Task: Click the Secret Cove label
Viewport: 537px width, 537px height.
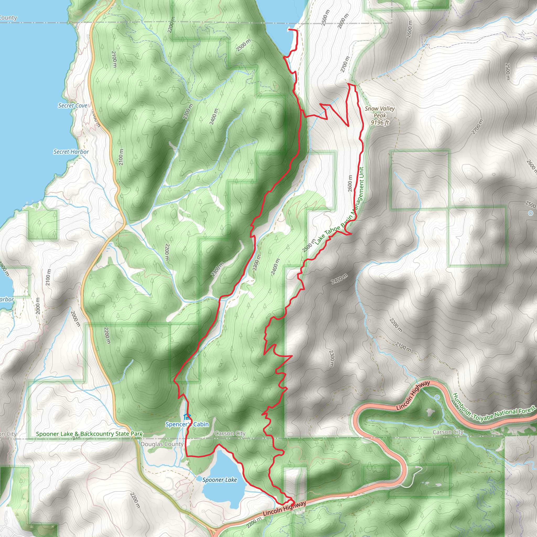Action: [x=73, y=106]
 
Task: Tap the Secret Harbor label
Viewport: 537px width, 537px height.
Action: [x=71, y=152]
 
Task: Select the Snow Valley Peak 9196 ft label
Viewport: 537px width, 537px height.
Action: [x=380, y=116]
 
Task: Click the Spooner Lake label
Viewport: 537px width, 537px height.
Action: [x=219, y=480]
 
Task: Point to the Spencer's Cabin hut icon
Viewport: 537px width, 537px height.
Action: [x=187, y=417]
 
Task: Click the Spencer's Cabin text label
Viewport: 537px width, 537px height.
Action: [x=187, y=424]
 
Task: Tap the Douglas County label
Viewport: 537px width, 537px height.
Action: [x=162, y=444]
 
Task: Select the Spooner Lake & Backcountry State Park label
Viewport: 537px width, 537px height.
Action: [x=89, y=434]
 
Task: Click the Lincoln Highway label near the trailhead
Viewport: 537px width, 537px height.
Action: [x=284, y=508]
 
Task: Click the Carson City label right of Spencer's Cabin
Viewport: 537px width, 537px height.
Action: [x=230, y=433]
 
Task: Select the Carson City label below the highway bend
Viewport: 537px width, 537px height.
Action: [x=448, y=432]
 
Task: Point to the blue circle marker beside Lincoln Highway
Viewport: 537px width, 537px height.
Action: [x=437, y=398]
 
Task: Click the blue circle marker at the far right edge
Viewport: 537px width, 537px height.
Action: [x=531, y=213]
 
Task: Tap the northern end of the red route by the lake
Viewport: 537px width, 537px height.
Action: [x=289, y=29]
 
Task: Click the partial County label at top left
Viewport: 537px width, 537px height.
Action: [x=8, y=18]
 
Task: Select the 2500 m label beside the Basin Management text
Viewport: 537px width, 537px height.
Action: [x=309, y=246]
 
